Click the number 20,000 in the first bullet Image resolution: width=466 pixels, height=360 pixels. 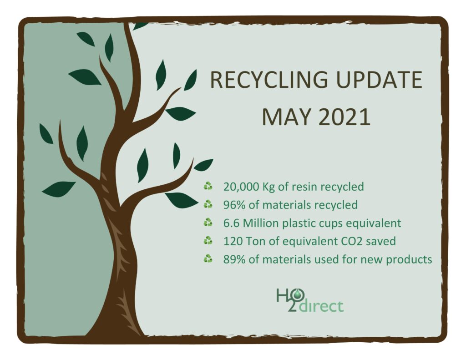(241, 187)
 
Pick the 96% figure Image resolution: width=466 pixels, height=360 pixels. (234, 205)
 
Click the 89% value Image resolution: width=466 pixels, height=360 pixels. (234, 259)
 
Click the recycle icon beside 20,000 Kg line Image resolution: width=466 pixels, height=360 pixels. (208, 186)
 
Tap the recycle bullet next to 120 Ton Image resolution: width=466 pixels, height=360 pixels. (208, 240)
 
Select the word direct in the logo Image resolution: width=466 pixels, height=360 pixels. (321, 306)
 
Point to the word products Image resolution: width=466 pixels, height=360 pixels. (409, 260)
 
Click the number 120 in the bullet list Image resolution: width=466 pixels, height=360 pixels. (233, 241)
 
